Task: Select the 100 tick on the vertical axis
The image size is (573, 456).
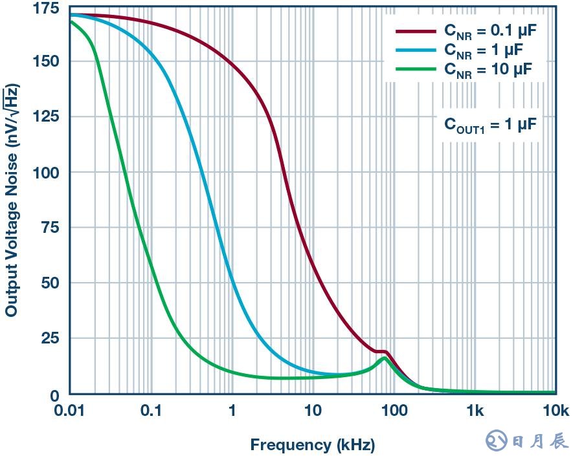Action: point(47,173)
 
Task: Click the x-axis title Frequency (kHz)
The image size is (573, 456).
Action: point(312,445)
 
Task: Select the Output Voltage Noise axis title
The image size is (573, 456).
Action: point(11,201)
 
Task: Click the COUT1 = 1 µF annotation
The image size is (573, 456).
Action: point(490,124)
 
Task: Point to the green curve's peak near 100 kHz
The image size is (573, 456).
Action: point(385,358)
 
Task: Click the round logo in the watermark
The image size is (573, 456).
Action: point(497,441)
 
